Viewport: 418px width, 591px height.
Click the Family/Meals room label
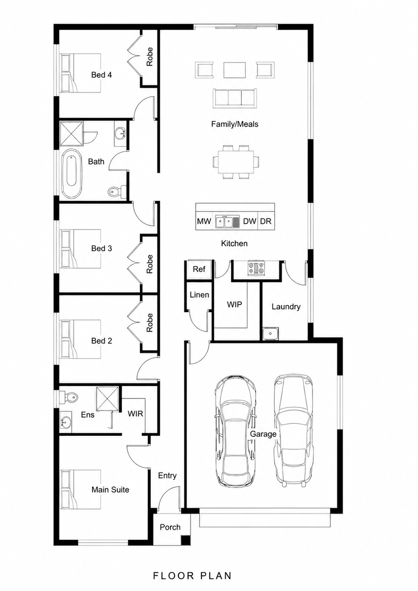click(x=235, y=124)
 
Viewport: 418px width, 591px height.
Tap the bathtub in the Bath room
click(x=72, y=174)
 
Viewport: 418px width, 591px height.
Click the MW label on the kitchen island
click(x=204, y=221)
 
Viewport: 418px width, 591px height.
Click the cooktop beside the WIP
click(x=255, y=268)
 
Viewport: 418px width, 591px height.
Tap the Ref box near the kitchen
click(x=199, y=269)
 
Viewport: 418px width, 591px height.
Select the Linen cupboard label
click(x=199, y=295)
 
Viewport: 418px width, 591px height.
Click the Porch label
click(x=170, y=527)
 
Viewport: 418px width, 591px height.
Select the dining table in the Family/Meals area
click(x=236, y=162)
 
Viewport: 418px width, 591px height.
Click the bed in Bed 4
click(x=81, y=73)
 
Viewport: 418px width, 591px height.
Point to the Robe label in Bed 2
click(x=150, y=322)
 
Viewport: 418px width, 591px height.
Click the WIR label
click(x=135, y=414)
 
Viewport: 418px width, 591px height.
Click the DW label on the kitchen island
click(x=250, y=221)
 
